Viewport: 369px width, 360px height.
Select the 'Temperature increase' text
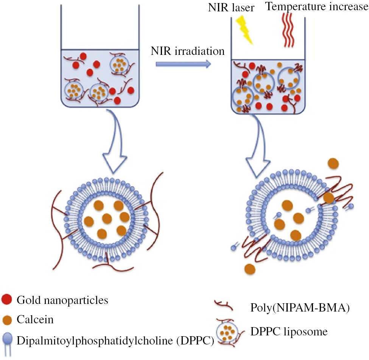(x=316, y=7)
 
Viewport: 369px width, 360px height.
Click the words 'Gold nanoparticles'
(x=62, y=301)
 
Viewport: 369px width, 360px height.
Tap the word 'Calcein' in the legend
(x=35, y=320)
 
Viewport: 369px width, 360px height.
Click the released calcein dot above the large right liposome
(x=333, y=163)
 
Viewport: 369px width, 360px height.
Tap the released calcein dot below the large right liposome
(x=250, y=269)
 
